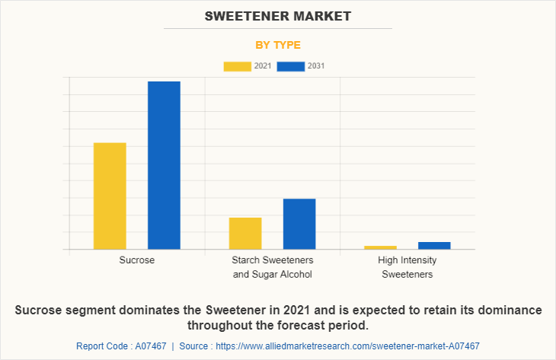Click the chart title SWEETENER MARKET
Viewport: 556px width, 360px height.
tap(277, 15)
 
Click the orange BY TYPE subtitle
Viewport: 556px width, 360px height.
tap(277, 45)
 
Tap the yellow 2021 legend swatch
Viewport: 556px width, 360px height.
tap(237, 66)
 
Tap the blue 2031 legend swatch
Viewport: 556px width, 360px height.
tap(290, 66)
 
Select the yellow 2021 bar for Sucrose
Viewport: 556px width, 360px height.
tap(110, 196)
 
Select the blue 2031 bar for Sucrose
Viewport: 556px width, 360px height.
tap(164, 165)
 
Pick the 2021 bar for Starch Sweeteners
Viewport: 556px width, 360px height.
tap(245, 233)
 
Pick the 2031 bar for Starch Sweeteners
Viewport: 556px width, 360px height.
tap(299, 224)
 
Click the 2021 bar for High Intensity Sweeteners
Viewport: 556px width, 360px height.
tap(380, 247)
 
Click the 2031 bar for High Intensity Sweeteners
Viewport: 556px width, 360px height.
tap(434, 245)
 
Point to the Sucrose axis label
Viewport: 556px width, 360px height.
tap(137, 260)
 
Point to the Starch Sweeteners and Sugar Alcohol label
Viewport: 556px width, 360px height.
tap(272, 267)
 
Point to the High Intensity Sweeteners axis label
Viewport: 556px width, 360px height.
tap(407, 267)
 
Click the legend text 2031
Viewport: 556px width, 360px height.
tap(316, 66)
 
